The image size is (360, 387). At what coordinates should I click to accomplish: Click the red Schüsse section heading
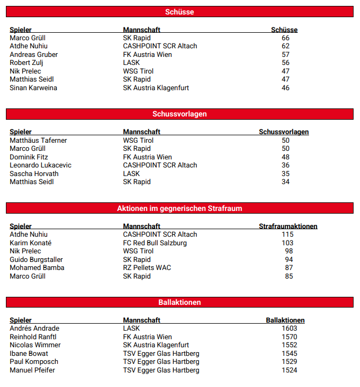coord(180,12)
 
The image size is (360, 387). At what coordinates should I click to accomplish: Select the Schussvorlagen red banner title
coord(180,114)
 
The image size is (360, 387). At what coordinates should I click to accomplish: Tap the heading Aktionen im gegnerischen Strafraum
coord(180,208)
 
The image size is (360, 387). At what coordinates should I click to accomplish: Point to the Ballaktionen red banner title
coord(180,302)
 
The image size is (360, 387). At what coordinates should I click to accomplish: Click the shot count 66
coord(285,38)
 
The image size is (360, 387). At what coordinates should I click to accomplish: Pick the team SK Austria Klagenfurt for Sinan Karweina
coord(156,88)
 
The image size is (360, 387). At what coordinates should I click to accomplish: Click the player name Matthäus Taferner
coord(38,141)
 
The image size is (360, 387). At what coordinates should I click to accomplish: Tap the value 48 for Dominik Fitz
coord(285,157)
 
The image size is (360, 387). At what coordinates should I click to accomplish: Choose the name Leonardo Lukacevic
coord(40,165)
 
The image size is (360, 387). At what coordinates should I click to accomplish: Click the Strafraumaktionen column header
coord(288,227)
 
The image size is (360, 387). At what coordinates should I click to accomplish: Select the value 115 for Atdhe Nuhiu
coord(288,235)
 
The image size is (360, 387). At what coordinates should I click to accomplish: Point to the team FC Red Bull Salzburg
coord(155,243)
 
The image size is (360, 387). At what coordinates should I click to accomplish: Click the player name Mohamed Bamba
coord(37,268)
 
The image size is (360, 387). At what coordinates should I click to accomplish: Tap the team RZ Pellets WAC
coord(146,268)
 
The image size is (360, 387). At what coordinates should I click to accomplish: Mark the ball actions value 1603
coord(289,328)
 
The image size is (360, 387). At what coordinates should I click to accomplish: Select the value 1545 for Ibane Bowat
coord(289,354)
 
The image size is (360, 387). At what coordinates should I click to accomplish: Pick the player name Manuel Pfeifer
coord(32,370)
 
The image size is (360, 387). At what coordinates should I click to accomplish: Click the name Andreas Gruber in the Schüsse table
coord(34,55)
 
